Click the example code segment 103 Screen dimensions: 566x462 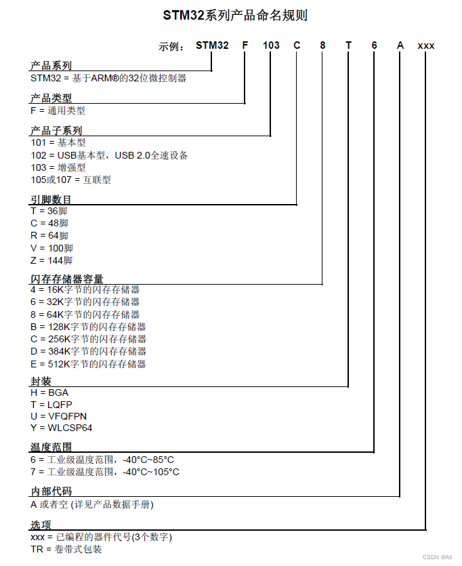[271, 45]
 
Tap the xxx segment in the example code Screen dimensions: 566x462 [426, 45]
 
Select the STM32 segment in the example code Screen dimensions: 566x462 [212, 45]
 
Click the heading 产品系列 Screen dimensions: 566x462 [51, 66]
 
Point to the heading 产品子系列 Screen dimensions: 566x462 [56, 130]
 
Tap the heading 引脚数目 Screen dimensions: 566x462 [51, 199]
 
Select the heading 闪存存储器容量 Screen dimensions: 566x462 [67, 279]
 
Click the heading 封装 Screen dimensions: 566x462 [41, 382]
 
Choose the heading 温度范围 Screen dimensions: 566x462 [51, 447]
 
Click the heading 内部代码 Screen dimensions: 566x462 [51, 491]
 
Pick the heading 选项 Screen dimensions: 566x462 [41, 525]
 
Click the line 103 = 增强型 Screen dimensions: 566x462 [58, 167]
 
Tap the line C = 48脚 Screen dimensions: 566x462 [49, 223]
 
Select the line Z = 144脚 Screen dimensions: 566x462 [51, 260]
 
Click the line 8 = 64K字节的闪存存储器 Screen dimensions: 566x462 [85, 315]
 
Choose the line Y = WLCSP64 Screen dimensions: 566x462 [61, 428]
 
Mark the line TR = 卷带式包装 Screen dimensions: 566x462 [66, 549]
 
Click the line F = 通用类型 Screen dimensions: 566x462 [58, 110]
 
